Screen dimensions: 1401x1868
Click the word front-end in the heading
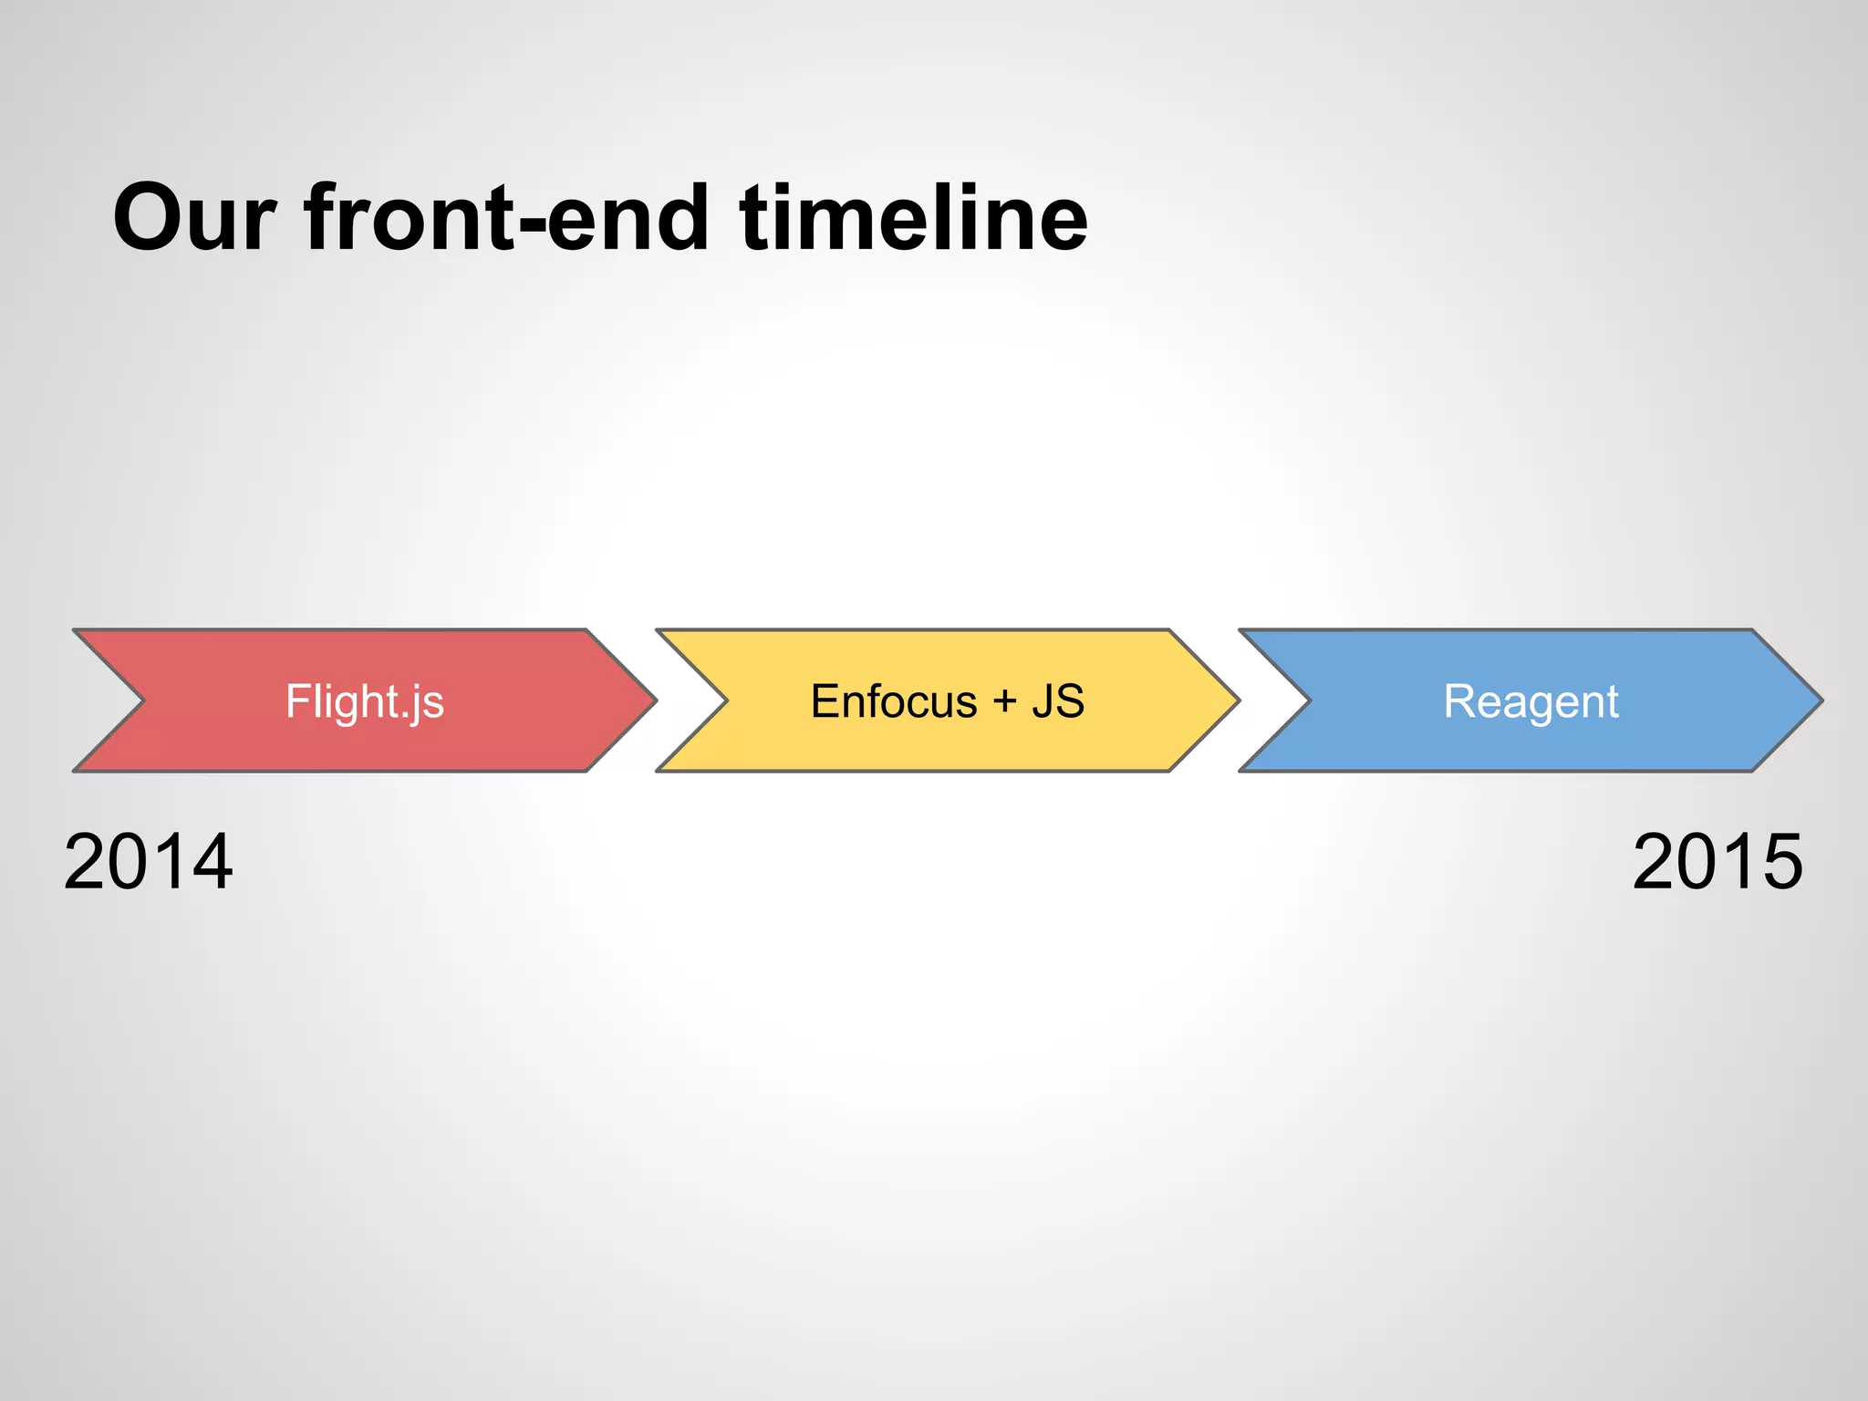coord(506,219)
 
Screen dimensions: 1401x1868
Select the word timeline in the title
coord(913,219)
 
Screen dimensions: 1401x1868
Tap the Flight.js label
coord(365,701)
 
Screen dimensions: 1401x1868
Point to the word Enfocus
coord(894,701)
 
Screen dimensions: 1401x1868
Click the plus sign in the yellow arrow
coord(1004,701)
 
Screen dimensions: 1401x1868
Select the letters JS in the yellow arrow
coord(1058,701)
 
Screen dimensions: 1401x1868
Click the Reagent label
coord(1531,701)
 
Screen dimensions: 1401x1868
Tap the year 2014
coord(148,862)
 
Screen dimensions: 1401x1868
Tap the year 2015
coord(1718,862)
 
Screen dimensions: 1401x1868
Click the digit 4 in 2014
coord(210,862)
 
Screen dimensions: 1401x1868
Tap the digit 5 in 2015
coord(1779,862)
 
